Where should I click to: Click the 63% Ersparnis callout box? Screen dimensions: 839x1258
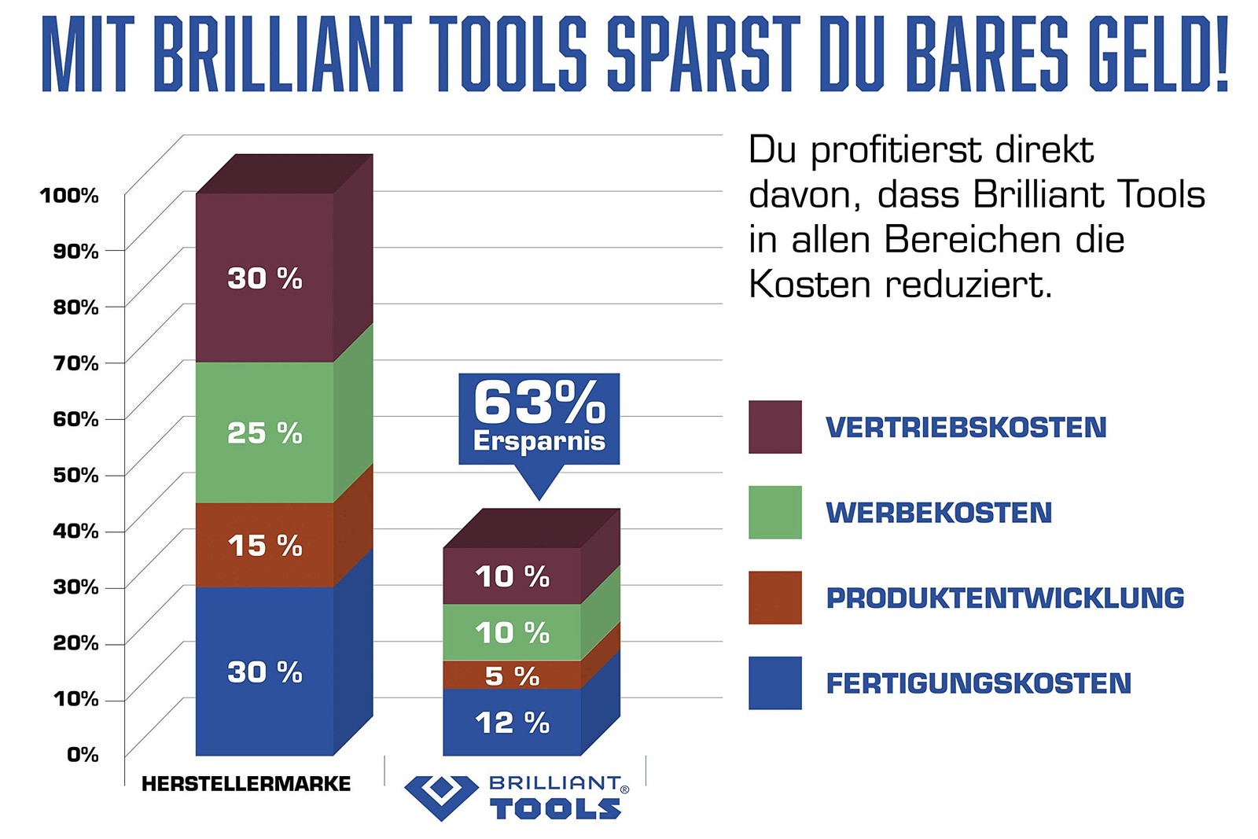tap(539, 418)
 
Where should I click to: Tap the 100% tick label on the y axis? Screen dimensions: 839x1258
tap(69, 195)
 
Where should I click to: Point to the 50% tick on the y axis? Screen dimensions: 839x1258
tap(76, 475)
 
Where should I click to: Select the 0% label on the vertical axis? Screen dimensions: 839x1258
tap(83, 755)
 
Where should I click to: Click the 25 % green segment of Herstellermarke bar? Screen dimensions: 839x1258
tap(265, 432)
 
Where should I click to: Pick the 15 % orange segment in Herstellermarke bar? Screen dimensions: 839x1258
tap(265, 546)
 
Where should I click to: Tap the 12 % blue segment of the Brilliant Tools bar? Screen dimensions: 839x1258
tap(512, 723)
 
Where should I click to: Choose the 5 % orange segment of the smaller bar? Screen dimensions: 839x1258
tap(512, 675)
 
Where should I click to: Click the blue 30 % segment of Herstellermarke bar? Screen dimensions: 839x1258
tap(265, 672)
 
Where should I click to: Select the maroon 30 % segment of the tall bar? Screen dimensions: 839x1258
tap(265, 278)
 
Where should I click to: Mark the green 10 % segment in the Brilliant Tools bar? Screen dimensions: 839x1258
tap(512, 632)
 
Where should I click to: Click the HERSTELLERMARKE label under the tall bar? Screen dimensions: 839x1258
tap(246, 783)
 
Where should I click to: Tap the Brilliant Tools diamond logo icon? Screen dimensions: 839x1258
tap(441, 796)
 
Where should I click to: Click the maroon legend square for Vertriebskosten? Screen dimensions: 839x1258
tap(774, 427)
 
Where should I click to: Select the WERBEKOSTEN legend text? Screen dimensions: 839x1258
tap(939, 513)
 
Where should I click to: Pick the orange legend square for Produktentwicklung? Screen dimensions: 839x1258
tap(774, 598)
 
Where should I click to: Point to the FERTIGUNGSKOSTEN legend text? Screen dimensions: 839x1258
tap(978, 683)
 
